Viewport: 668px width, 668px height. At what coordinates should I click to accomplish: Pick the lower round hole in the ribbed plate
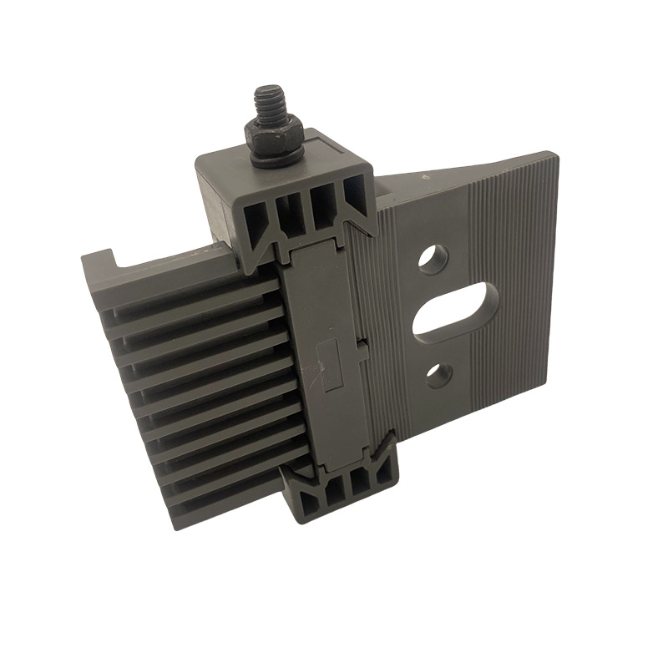coord(438,375)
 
